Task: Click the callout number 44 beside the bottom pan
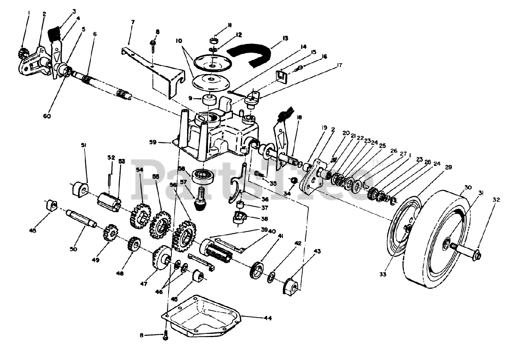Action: click(x=268, y=318)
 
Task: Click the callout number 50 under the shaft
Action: click(x=73, y=249)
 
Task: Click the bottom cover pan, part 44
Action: click(x=201, y=318)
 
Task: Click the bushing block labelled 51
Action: click(x=79, y=189)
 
